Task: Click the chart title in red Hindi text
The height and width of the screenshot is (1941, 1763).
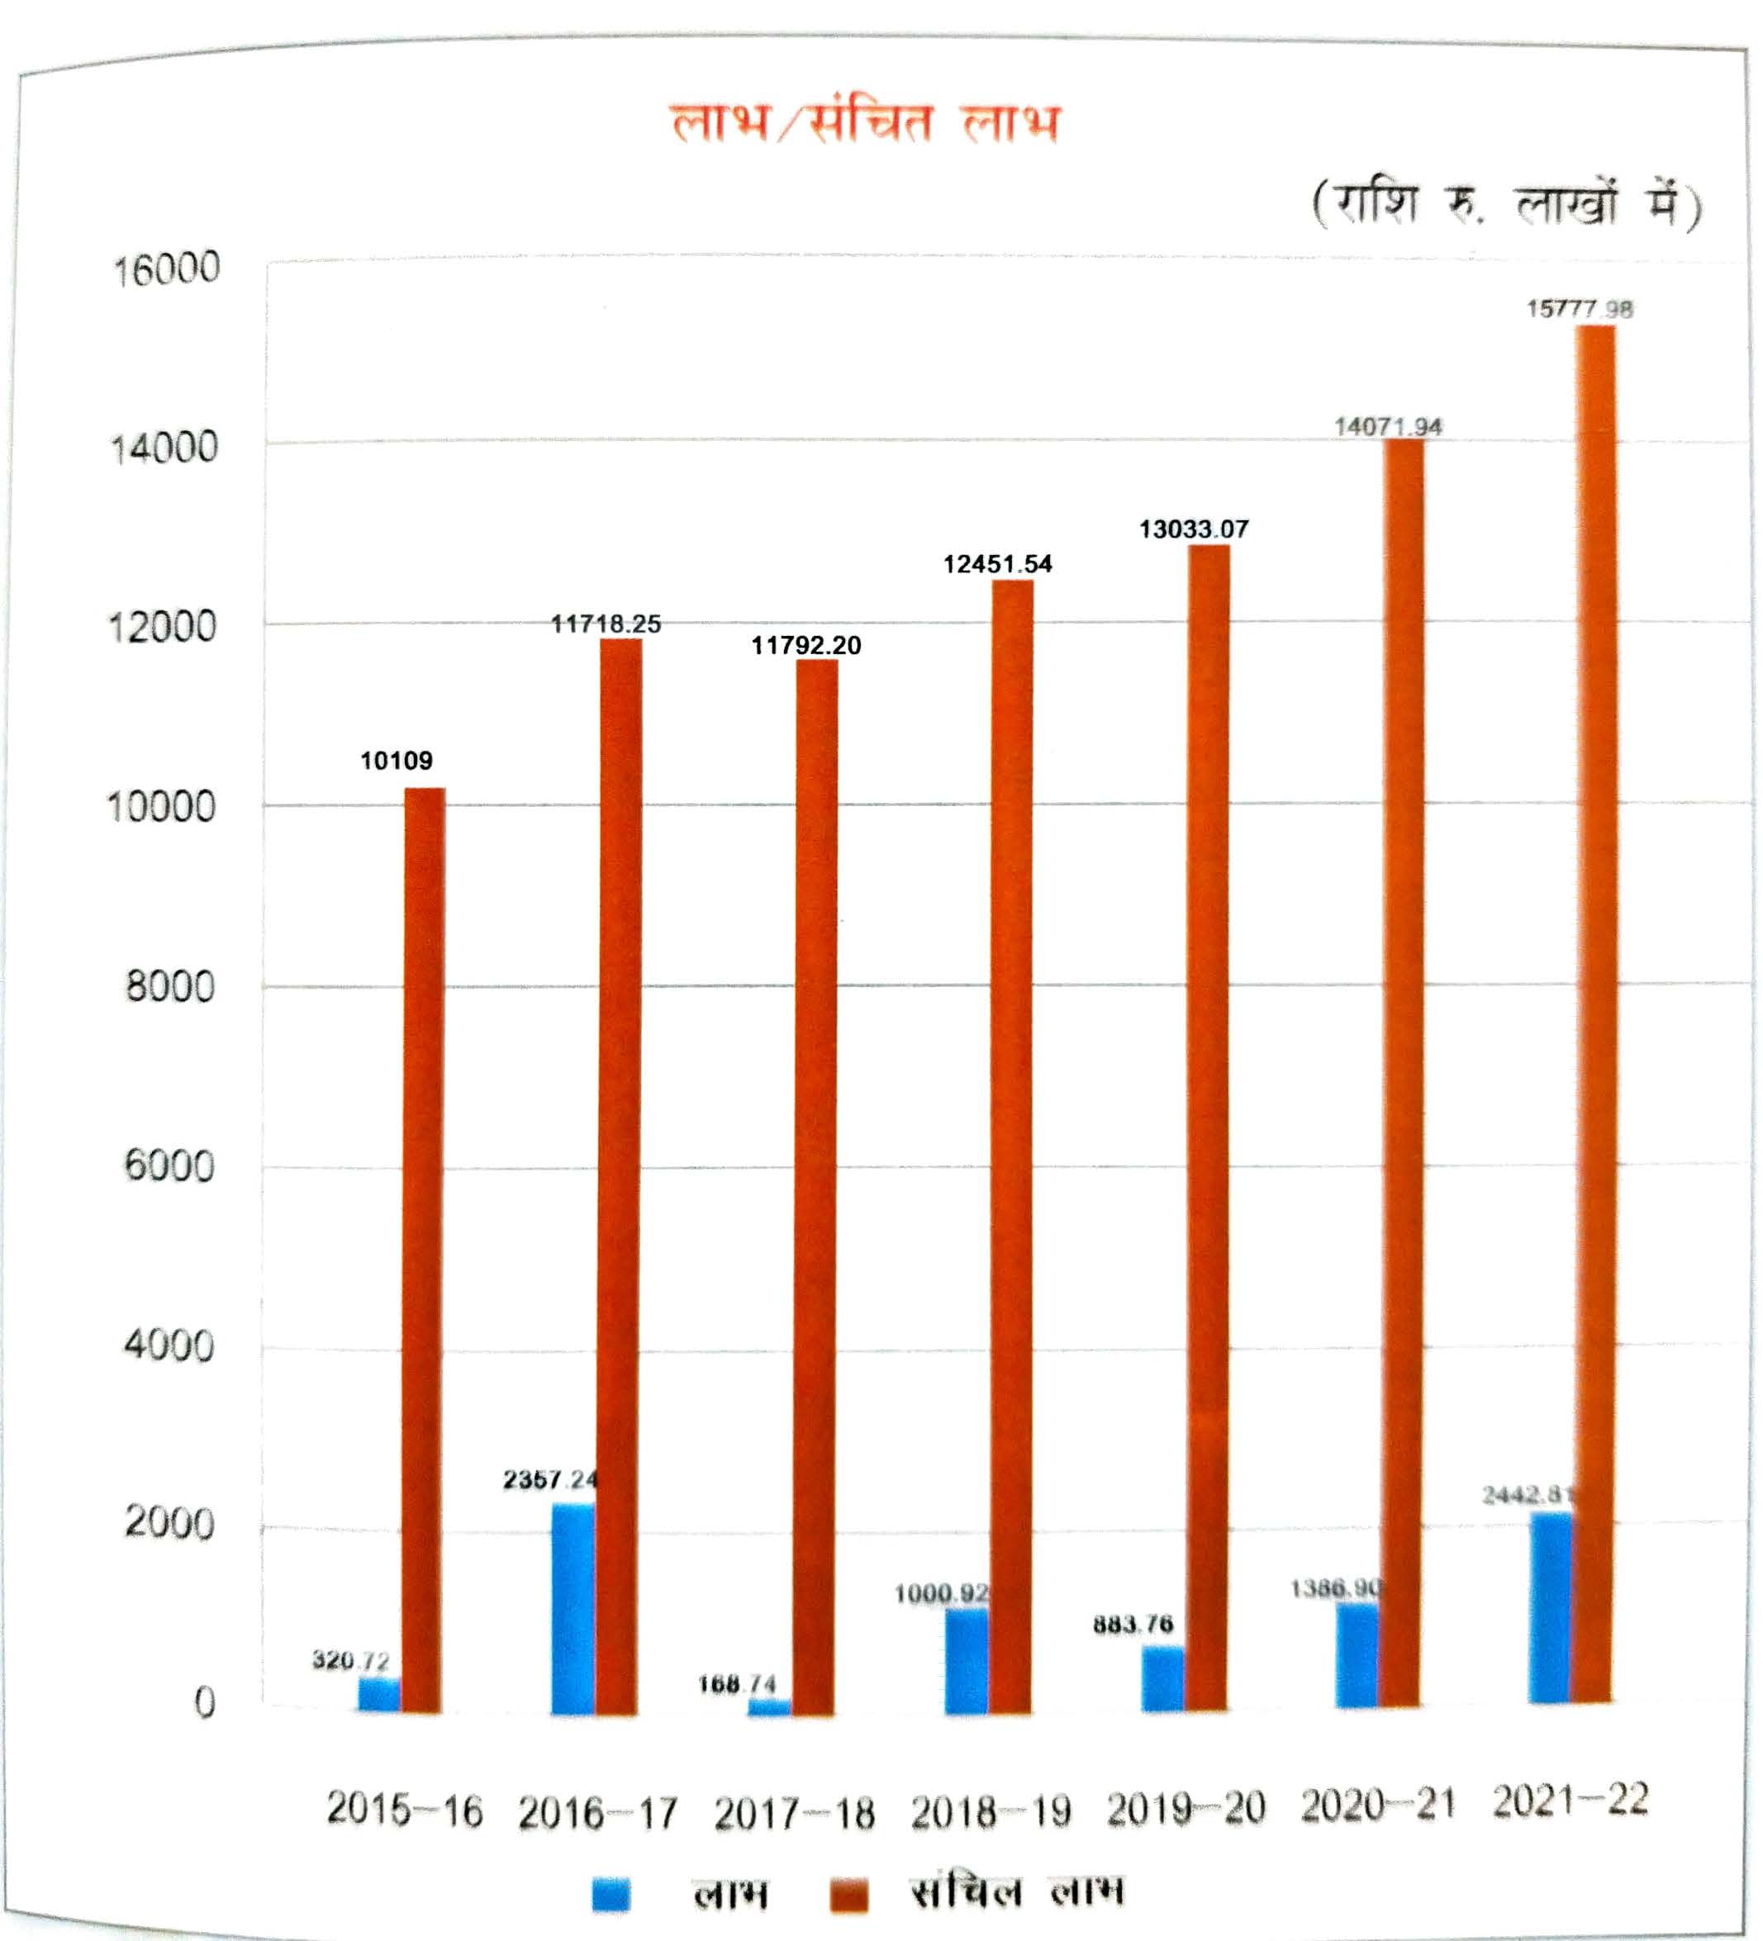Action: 865,123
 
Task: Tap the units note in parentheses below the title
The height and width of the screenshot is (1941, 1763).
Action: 1506,204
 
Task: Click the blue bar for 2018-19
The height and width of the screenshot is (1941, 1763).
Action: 966,1660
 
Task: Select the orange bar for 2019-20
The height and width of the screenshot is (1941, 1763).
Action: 1208,1127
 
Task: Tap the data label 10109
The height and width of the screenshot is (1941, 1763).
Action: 396,761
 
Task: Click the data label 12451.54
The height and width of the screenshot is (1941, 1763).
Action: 997,564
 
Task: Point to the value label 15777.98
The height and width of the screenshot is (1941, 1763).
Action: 1579,309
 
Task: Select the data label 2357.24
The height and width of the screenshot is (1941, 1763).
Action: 549,1478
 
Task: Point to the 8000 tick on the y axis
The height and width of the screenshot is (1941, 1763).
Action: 169,987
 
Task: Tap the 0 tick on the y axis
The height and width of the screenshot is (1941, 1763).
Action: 204,1703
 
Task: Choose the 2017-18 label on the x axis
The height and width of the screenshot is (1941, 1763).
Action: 795,1814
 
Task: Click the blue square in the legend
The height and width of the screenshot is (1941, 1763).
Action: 611,1894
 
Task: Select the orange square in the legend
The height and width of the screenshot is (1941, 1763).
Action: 848,1894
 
